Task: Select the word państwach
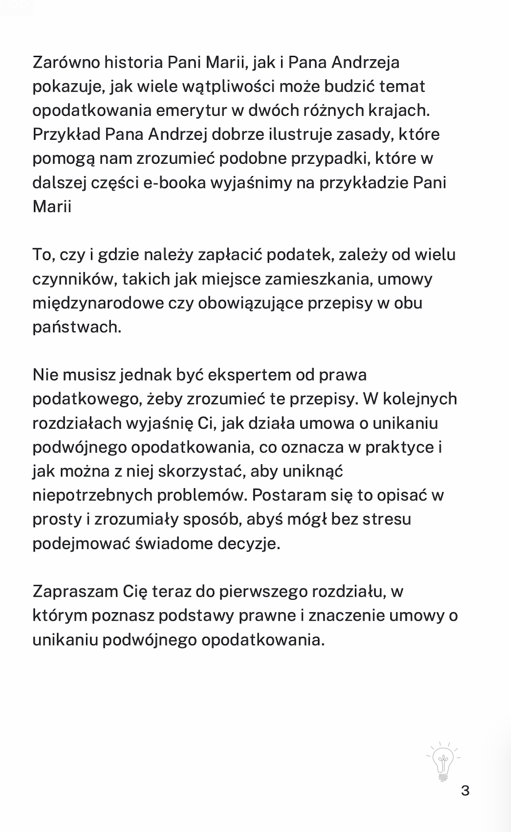(77, 327)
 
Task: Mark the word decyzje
(252, 543)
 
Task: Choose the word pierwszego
(262, 591)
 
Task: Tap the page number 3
(465, 791)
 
